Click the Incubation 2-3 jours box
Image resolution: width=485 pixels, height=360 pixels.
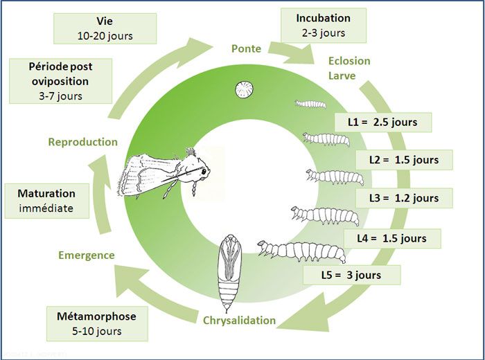[x=323, y=25]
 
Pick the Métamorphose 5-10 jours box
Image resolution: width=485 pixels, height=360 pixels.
[x=96, y=323]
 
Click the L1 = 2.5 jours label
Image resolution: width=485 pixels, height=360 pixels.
[x=382, y=122]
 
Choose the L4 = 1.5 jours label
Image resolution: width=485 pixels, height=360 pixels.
[x=392, y=238]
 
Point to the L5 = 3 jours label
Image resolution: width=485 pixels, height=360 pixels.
[x=351, y=275]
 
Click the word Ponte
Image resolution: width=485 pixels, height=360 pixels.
[x=246, y=49]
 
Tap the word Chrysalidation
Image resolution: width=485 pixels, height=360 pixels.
[x=240, y=320]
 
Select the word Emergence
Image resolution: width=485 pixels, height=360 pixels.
[x=87, y=255]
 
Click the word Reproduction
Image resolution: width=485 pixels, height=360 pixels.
[x=82, y=142]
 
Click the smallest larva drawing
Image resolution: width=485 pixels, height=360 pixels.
[x=310, y=104]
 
